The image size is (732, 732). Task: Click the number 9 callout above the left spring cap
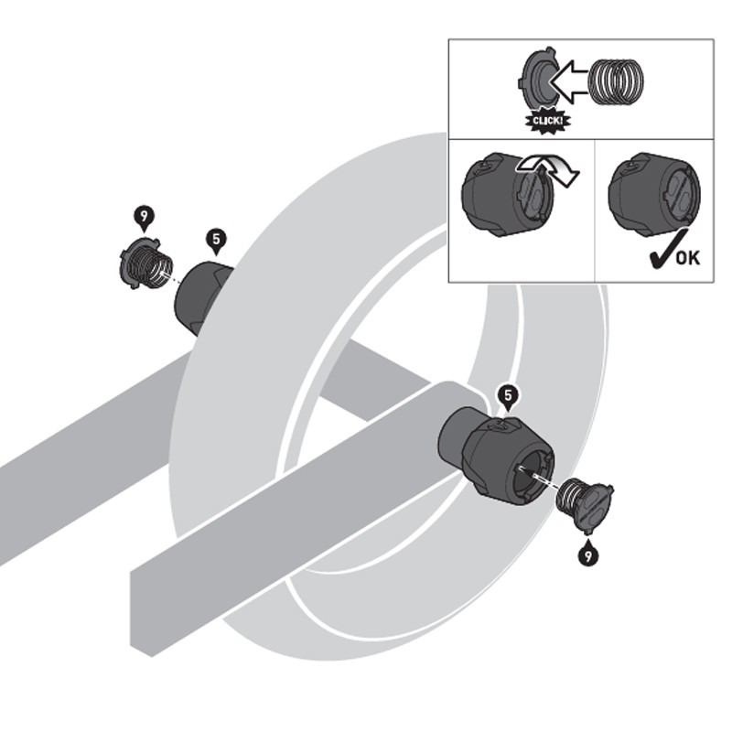144,217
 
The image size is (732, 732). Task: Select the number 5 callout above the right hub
509,395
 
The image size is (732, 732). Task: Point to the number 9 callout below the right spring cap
587,552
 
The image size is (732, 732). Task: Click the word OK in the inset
687,258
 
